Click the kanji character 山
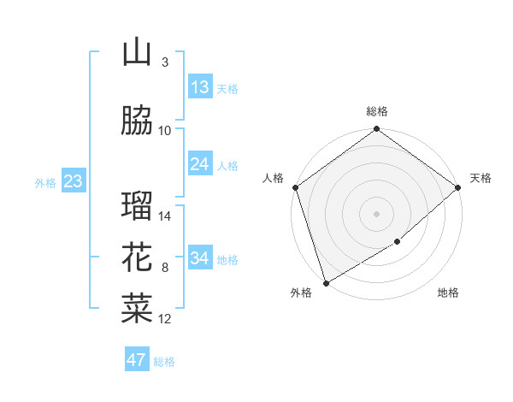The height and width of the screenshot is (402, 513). click(137, 53)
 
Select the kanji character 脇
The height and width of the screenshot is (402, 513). click(137, 121)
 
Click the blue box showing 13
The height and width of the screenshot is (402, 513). click(200, 87)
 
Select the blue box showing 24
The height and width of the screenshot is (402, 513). click(200, 164)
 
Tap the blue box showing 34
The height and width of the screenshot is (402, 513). click(200, 258)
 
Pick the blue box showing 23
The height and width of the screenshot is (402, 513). click(73, 181)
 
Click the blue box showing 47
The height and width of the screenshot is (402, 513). click(137, 360)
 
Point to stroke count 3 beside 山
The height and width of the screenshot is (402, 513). click(165, 62)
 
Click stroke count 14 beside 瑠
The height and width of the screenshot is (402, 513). click(166, 216)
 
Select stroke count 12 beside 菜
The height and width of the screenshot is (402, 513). click(166, 319)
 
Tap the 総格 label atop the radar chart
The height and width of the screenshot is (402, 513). click(377, 111)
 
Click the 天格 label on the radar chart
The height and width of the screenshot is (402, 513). click(481, 178)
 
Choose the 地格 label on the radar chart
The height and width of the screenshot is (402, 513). click(448, 293)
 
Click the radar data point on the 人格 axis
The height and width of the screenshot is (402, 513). click(295, 187)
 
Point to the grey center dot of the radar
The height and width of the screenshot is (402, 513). click(376, 213)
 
